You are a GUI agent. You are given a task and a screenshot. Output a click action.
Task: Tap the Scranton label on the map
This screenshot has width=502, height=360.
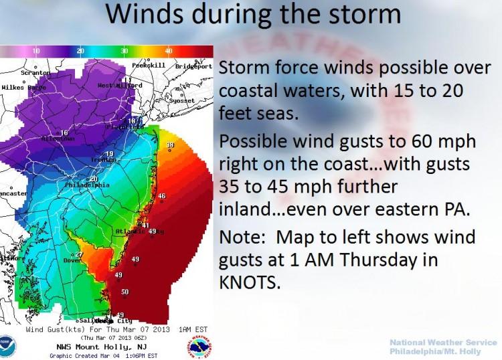[35, 72]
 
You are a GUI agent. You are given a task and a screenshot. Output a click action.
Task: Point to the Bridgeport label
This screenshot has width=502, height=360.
[193, 66]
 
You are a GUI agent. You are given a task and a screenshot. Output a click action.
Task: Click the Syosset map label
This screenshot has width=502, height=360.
[180, 100]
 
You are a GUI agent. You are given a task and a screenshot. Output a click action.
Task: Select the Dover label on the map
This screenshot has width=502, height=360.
[72, 260]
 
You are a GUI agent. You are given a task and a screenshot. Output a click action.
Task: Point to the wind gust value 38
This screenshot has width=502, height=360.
[170, 145]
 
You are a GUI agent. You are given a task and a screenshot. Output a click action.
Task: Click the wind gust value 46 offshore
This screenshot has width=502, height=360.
[161, 196]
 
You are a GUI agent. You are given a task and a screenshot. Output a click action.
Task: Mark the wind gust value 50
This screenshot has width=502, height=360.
[124, 292]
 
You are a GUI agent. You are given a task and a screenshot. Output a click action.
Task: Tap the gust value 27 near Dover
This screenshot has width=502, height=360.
[79, 255]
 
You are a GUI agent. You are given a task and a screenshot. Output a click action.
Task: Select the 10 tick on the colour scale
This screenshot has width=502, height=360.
[36, 51]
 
